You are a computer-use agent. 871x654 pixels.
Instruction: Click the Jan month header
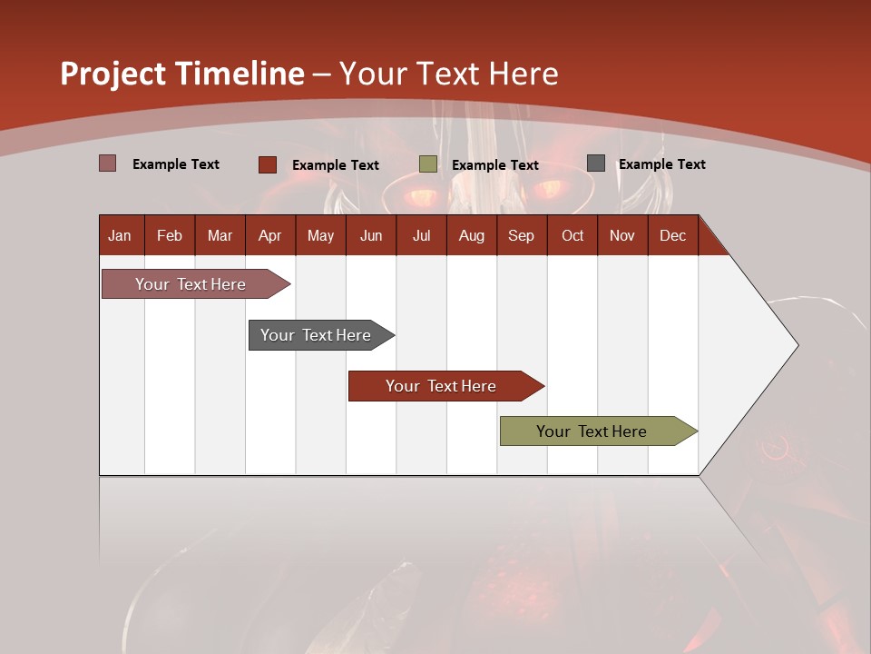[x=120, y=235]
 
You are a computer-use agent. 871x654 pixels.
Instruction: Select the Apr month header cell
[x=269, y=235]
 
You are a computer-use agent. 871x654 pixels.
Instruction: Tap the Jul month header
[x=421, y=235]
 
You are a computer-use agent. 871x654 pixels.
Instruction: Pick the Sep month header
[x=521, y=235]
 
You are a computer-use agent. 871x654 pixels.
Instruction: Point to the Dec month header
[x=672, y=235]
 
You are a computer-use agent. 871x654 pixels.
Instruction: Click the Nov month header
[x=621, y=235]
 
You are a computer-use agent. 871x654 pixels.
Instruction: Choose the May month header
[x=320, y=235]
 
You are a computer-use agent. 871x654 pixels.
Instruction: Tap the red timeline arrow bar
[x=442, y=386]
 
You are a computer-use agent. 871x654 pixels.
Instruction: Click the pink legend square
[x=107, y=163]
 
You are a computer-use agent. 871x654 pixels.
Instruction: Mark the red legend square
[x=267, y=164]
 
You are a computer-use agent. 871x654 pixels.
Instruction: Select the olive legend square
[x=428, y=164]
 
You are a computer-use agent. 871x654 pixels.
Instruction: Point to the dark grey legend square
[x=596, y=163]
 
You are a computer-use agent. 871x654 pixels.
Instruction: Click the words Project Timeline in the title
[x=181, y=74]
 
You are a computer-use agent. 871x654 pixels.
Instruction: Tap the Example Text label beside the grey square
[x=661, y=164]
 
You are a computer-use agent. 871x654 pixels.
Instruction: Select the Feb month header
[x=170, y=235]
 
